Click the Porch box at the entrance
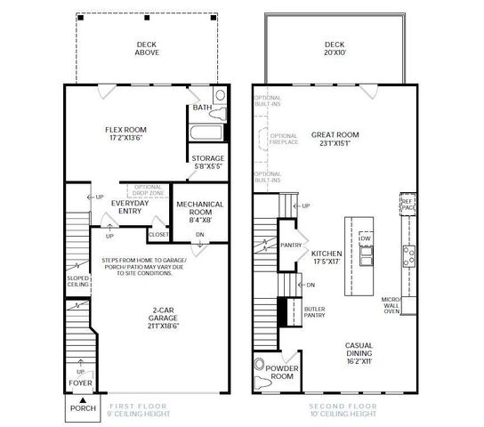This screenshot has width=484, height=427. pyautogui.click(x=82, y=408)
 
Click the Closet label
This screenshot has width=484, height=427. pyautogui.click(x=157, y=235)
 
